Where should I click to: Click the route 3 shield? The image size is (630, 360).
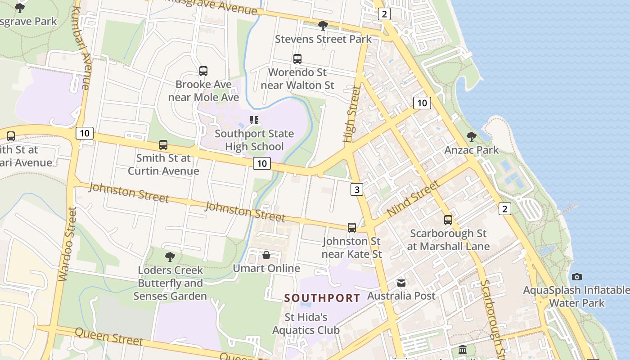click(357, 189)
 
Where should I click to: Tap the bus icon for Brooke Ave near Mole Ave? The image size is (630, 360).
click(203, 71)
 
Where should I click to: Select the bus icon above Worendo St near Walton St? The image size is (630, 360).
click(297, 59)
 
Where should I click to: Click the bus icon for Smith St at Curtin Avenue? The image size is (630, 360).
click(163, 145)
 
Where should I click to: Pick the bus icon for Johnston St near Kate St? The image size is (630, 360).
click(352, 228)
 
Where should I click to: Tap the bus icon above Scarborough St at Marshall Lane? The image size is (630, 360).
click(448, 220)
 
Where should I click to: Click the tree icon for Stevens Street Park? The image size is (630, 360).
click(323, 25)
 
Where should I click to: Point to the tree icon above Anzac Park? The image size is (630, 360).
click(472, 136)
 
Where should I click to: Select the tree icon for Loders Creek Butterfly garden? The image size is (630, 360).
click(170, 257)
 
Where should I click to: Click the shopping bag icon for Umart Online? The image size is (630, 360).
click(266, 256)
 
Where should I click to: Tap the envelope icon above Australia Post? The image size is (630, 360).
click(401, 283)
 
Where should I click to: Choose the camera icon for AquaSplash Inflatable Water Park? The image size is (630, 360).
click(577, 277)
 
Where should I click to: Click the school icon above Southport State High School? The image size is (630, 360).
click(254, 120)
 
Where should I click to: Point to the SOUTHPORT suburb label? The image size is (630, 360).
click(322, 298)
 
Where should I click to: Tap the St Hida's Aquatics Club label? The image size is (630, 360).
click(306, 324)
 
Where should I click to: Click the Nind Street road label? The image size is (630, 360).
click(413, 198)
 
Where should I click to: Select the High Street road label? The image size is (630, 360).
click(352, 114)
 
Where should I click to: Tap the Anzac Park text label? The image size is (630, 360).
click(472, 150)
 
